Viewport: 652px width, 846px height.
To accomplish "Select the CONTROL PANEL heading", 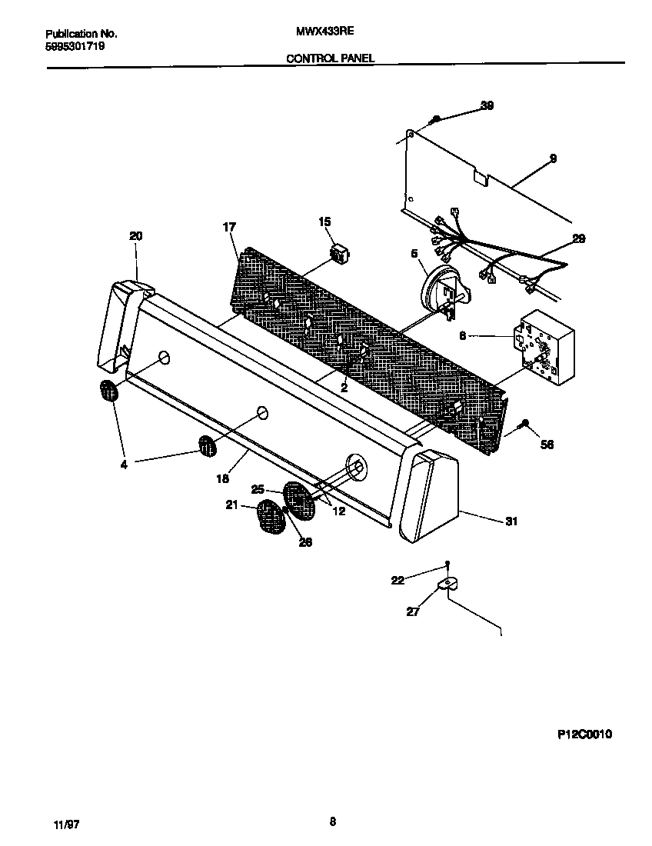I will (331, 58).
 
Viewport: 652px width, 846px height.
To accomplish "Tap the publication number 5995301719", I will (75, 46).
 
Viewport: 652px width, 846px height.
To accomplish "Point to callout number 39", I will (487, 105).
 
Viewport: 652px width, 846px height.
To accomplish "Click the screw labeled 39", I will (435, 118).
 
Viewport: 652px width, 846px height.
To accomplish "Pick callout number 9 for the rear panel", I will (553, 158).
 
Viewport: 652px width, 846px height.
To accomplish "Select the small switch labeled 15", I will (338, 251).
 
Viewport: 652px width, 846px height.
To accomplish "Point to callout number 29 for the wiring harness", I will (578, 239).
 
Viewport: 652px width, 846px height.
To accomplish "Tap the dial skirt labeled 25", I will (301, 499).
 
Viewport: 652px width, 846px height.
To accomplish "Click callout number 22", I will (398, 580).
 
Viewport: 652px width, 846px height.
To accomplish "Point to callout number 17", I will (229, 227).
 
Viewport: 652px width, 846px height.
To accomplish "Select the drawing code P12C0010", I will (584, 734).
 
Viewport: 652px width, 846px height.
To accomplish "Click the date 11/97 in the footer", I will (67, 824).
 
